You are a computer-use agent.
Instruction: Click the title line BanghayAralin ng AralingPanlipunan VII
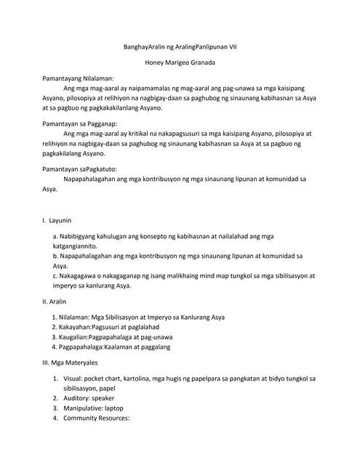tap(180, 47)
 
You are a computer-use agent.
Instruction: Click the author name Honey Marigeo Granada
tap(180, 62)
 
